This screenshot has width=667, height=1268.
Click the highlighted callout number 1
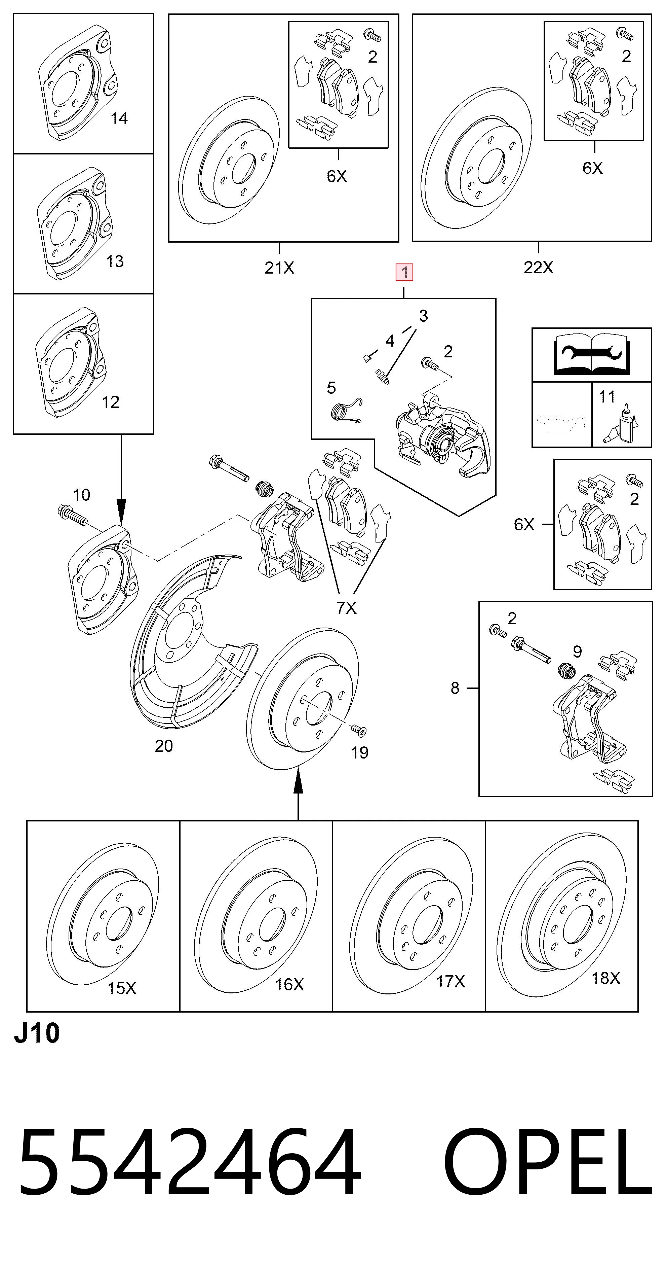point(404,272)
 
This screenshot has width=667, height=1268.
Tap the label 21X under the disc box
point(279,268)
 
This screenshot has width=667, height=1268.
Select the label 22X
point(539,267)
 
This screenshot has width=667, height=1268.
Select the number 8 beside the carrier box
point(455,688)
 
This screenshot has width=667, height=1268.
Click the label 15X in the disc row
point(122,988)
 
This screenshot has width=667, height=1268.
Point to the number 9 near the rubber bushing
point(578,652)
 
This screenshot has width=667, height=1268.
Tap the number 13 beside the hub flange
point(115,261)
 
